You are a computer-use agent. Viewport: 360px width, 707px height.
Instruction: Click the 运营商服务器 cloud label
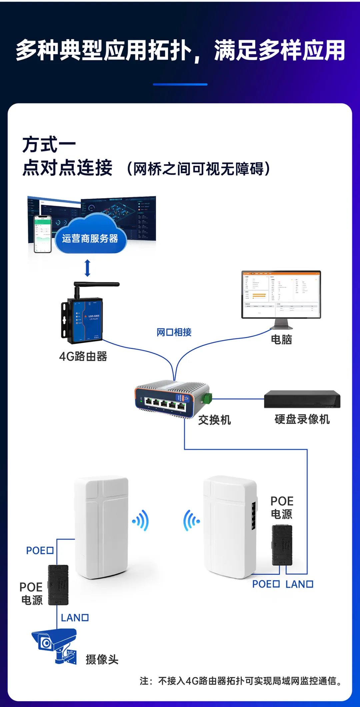90,238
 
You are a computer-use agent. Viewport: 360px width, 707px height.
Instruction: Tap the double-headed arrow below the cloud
87,268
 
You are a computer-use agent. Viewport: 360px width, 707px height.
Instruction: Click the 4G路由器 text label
83,356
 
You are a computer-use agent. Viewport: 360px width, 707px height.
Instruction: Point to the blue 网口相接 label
174,332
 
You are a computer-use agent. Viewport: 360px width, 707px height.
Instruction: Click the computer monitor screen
281,294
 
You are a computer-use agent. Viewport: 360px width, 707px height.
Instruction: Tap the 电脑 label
281,339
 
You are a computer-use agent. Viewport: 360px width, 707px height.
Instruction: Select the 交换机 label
214,420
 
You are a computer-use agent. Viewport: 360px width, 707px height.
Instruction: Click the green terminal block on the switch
207,398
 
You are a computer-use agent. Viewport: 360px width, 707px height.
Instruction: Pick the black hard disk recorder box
302,399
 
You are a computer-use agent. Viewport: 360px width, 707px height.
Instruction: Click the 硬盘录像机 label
302,419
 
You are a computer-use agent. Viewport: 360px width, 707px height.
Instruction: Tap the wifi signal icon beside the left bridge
141,520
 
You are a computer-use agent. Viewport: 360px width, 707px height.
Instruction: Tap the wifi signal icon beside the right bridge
191,520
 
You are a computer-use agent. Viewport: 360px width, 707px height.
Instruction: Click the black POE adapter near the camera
58,585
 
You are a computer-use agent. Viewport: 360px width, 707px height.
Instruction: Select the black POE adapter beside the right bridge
282,545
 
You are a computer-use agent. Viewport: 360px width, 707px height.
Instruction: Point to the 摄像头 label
102,659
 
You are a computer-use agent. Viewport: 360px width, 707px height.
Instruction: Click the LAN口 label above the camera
75,618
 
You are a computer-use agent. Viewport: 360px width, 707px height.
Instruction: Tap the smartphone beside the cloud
43,234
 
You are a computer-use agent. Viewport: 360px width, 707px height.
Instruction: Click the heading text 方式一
49,145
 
